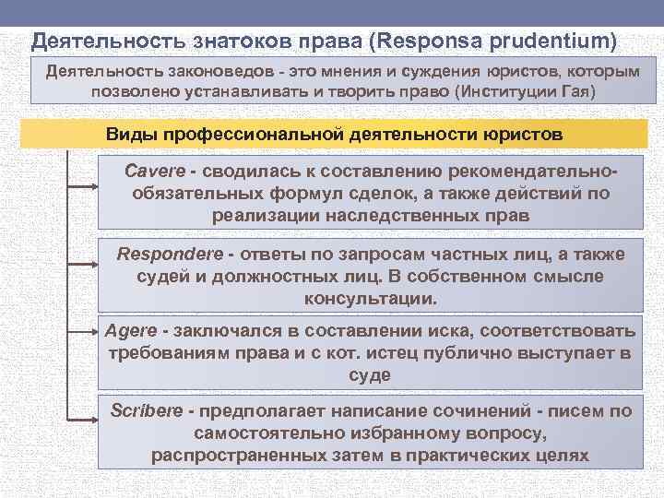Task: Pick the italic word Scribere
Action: [146, 409]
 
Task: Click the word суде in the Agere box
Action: [370, 375]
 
